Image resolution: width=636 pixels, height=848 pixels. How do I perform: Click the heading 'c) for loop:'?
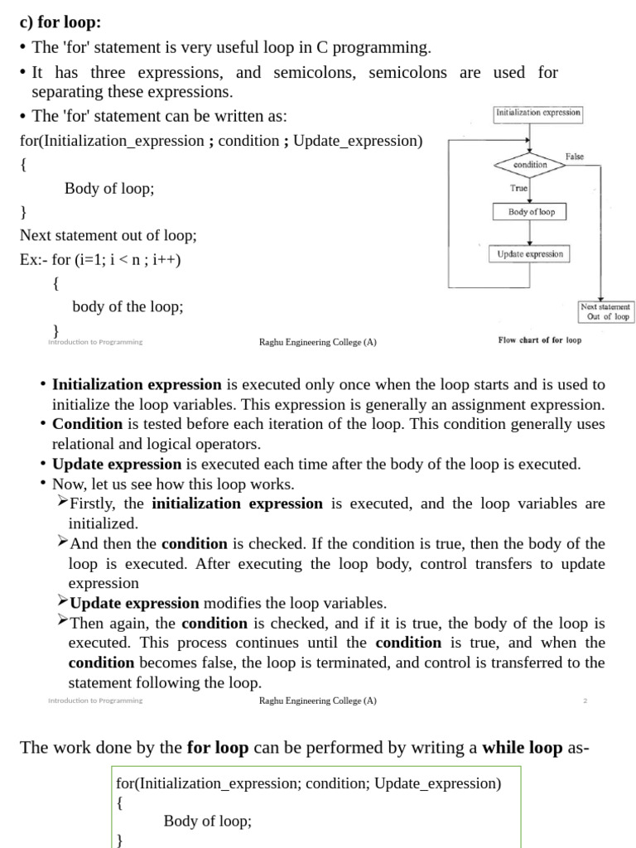click(x=60, y=22)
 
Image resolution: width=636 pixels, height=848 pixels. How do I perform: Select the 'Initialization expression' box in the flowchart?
click(x=537, y=113)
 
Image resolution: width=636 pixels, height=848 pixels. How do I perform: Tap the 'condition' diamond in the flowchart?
click(x=530, y=165)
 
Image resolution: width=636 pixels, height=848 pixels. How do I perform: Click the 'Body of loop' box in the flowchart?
click(x=531, y=212)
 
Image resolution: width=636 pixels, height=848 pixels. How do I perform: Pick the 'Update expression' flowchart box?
click(x=530, y=254)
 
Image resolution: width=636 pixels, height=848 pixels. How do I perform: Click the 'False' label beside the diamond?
click(x=574, y=157)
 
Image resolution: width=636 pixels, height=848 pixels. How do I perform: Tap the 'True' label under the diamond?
click(x=518, y=188)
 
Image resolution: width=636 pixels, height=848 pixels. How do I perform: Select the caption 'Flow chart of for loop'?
click(x=539, y=340)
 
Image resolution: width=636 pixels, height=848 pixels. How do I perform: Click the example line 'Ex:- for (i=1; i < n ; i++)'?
click(x=100, y=260)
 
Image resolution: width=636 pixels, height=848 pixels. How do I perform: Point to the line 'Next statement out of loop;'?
click(x=108, y=236)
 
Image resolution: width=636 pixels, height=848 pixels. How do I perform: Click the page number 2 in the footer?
click(x=585, y=701)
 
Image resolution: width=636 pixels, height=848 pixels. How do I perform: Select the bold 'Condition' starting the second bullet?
click(x=81, y=424)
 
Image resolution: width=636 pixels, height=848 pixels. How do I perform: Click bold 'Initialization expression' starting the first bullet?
click(x=137, y=384)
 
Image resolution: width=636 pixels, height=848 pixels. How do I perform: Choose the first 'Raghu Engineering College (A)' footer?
click(x=317, y=342)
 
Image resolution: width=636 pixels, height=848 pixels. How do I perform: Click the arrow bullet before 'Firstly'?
click(x=63, y=503)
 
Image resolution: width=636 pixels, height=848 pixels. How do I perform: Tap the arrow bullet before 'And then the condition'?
click(x=63, y=542)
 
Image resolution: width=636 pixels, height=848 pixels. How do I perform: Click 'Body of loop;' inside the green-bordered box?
click(x=207, y=821)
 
